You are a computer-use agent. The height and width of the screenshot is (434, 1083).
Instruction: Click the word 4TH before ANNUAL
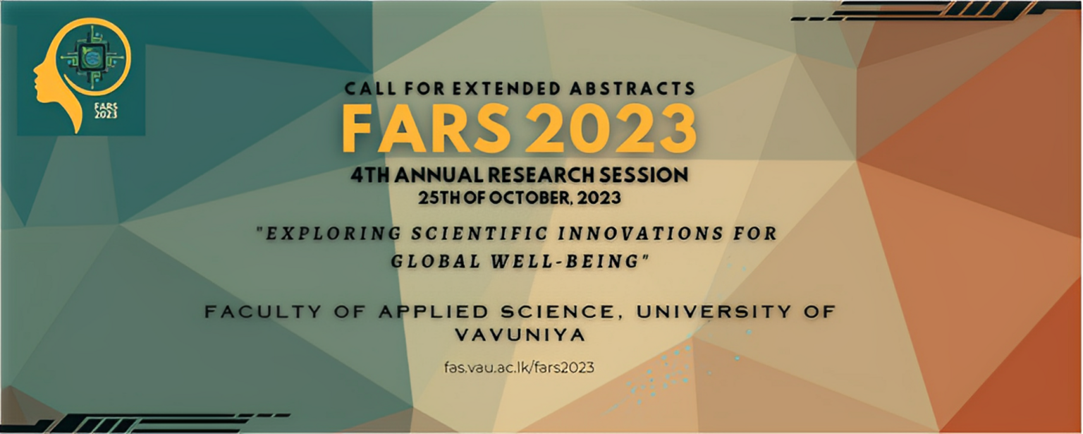370,175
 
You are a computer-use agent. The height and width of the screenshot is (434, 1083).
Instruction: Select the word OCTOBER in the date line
523,198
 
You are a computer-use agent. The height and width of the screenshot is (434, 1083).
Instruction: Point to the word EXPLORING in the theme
334,234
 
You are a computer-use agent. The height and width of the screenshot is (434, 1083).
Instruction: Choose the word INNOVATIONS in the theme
641,234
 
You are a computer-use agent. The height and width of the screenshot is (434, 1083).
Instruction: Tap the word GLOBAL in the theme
436,261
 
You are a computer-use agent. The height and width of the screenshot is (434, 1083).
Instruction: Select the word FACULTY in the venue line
263,312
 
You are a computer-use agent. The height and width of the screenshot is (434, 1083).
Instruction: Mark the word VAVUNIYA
520,334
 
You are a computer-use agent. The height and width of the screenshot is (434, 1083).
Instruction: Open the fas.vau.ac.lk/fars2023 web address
519,367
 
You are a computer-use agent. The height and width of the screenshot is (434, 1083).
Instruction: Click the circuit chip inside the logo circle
90,59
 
